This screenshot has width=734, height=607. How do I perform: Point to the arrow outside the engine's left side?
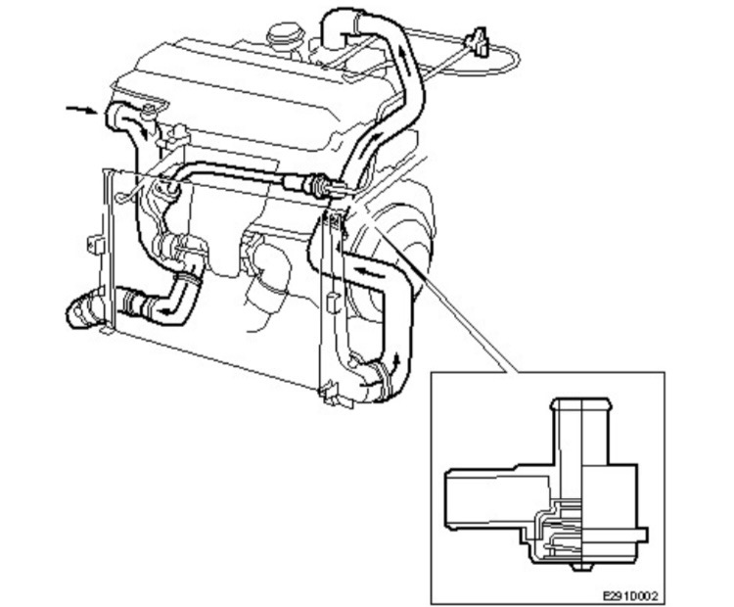click(x=81, y=109)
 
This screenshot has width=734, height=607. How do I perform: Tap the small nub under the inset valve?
click(x=583, y=566)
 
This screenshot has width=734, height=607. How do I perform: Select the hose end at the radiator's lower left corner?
click(x=80, y=312)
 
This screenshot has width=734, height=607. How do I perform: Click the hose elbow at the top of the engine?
click(x=338, y=24)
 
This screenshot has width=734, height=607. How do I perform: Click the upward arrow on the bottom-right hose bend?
click(x=395, y=362)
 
